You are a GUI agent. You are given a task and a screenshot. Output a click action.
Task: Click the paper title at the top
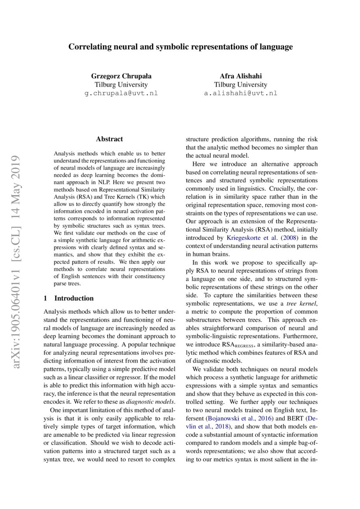[180, 47]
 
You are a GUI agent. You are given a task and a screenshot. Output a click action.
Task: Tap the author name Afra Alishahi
[240, 76]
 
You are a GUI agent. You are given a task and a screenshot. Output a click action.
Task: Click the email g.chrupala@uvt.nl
[121, 93]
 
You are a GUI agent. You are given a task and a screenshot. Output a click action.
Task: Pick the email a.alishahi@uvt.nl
[240, 93]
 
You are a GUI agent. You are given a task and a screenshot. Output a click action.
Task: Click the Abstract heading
[109, 139]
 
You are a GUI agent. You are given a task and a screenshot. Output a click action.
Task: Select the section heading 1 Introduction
[69, 298]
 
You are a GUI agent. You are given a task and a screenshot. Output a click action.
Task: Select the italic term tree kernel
[304, 303]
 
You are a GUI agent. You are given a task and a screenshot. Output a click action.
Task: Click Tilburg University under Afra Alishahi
[240, 84]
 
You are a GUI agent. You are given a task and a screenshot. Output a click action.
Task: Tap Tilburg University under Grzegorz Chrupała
[121, 84]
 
